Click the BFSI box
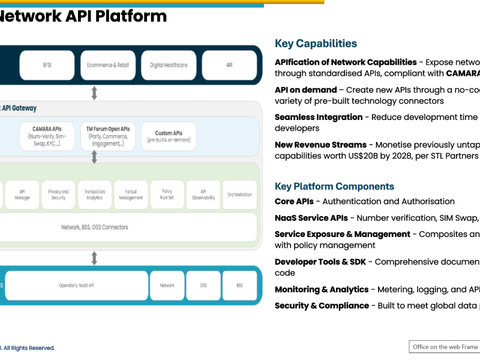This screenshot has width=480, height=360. pyautogui.click(x=47, y=65)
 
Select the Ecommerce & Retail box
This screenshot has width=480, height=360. pyautogui.click(x=108, y=65)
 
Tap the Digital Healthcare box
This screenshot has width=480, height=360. pyautogui.click(x=169, y=65)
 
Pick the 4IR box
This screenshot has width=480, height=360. pyautogui.click(x=229, y=65)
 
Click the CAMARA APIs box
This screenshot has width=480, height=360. pyautogui.click(x=47, y=136)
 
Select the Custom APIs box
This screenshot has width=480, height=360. pyautogui.click(x=168, y=136)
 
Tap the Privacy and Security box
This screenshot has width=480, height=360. pyautogui.click(x=58, y=195)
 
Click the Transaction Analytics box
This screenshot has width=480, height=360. pyautogui.click(x=94, y=195)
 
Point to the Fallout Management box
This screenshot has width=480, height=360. pyautogui.click(x=131, y=195)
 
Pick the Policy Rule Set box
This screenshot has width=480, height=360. pyautogui.click(x=167, y=195)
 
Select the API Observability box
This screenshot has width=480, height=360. pyautogui.click(x=203, y=195)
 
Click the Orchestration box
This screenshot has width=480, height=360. pyautogui.click(x=239, y=195)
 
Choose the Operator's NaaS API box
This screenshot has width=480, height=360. pyautogui.click(x=76, y=286)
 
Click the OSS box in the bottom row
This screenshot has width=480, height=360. pyautogui.click(x=203, y=286)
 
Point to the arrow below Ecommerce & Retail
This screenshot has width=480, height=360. pyautogui.click(x=94, y=93)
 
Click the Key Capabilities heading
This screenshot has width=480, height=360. pyautogui.click(x=316, y=44)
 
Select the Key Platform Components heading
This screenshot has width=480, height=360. pyautogui.click(x=334, y=187)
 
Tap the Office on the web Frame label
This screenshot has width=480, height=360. pyautogui.click(x=445, y=347)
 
